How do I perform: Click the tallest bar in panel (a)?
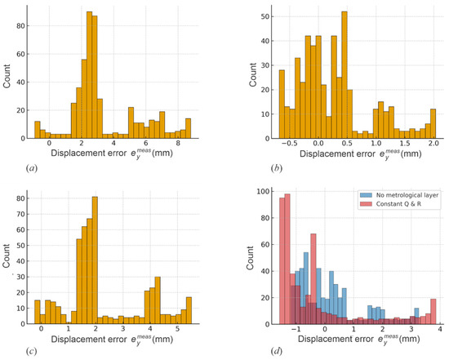[x=89, y=75]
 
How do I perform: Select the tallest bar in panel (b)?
[x=345, y=75]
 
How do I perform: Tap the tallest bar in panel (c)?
[x=95, y=260]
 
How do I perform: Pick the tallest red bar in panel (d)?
[x=287, y=260]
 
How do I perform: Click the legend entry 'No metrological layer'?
[x=399, y=195]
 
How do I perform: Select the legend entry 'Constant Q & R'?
[x=390, y=204]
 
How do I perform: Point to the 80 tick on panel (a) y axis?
[x=21, y=26]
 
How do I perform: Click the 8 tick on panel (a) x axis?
[x=178, y=143]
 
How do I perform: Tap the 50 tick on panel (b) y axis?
[x=265, y=16]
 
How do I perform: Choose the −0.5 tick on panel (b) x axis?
[x=289, y=143]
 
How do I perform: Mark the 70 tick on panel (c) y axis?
[x=21, y=214]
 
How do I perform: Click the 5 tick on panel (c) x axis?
[x=177, y=328]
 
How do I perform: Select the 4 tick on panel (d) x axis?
[x=440, y=329]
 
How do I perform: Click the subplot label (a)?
[x=32, y=168]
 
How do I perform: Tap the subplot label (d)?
[x=276, y=351]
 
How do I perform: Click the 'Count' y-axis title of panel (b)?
[x=253, y=75]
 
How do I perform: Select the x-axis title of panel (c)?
[x=112, y=340]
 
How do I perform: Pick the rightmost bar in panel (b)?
[x=433, y=124]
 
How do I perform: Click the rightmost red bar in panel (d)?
[x=433, y=312]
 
